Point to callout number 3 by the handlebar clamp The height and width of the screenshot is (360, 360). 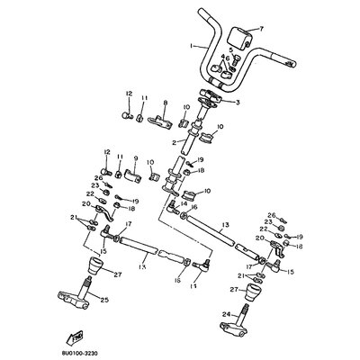[x=238, y=103]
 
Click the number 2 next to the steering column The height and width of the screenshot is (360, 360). [x=174, y=142]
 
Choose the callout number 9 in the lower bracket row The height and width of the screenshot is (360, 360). [x=135, y=158]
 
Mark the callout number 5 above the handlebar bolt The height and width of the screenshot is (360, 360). [x=230, y=50]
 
